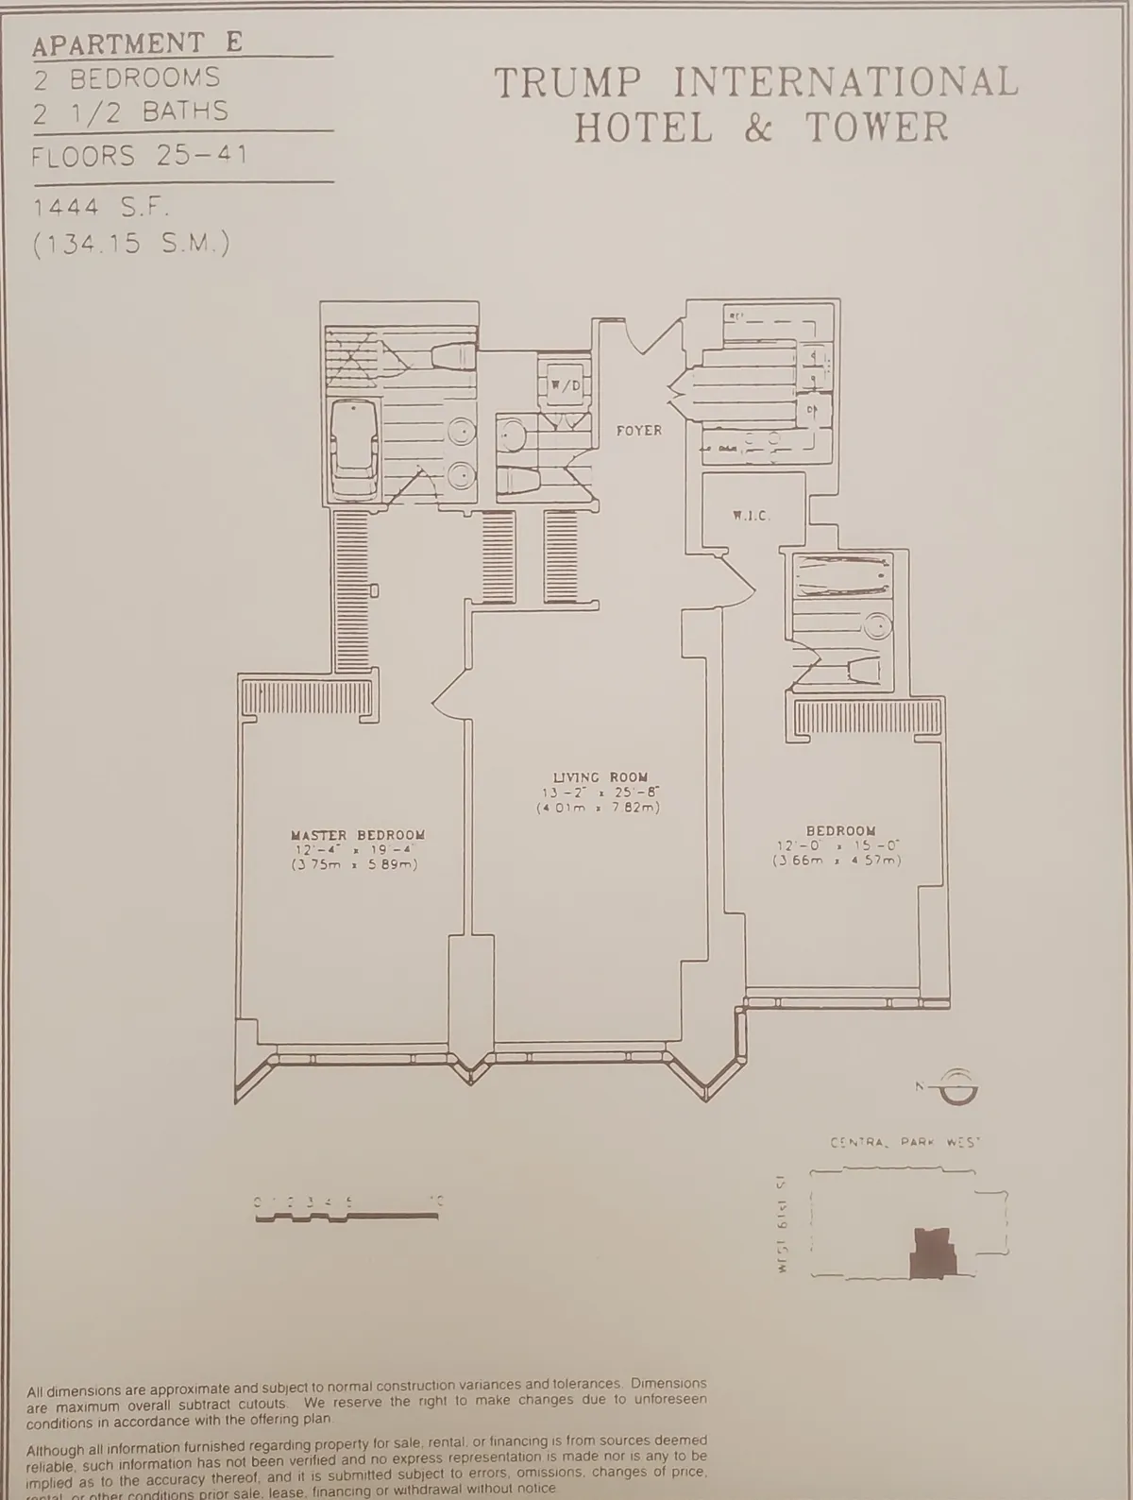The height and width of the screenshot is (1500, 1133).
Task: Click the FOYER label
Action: point(639,431)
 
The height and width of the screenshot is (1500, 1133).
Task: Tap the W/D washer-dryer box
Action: point(563,385)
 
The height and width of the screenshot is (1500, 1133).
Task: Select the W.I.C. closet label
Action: point(752,516)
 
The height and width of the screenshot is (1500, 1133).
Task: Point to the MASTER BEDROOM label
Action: point(357,835)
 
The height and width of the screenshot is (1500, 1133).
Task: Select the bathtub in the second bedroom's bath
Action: point(841,576)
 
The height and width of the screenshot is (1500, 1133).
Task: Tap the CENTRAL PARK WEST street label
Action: point(905,1143)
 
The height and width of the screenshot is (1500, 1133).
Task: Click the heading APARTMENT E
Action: point(138,43)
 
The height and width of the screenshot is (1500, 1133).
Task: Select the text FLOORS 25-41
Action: point(140,155)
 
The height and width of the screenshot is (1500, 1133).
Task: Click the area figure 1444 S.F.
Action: point(104,207)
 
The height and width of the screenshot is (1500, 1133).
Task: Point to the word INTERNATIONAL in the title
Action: point(846,83)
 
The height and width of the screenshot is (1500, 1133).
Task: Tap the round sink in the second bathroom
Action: point(878,625)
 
